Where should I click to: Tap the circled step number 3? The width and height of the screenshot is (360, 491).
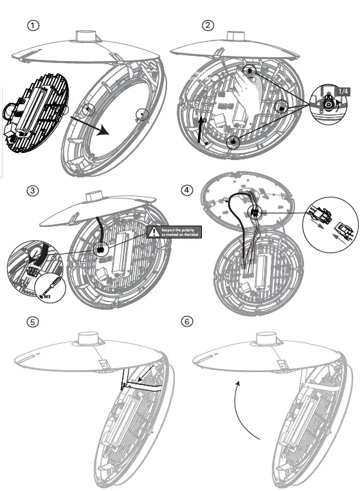32,191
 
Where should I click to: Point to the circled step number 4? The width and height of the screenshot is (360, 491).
186,190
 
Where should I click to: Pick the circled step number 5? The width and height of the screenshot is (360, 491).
32,322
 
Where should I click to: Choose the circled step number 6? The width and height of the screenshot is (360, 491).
187,322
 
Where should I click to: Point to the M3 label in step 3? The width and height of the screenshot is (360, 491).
46,296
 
